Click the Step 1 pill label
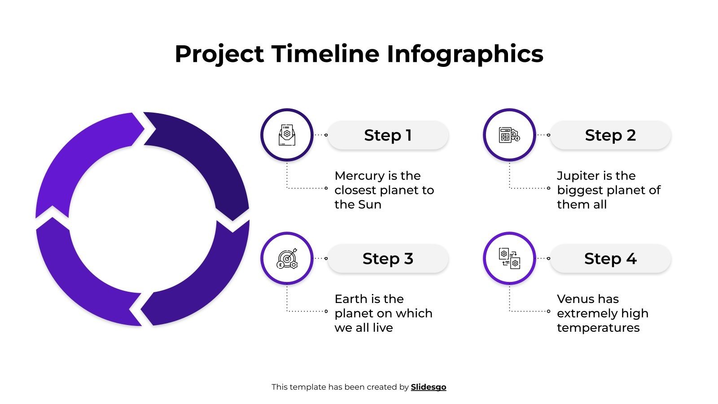pos(388,135)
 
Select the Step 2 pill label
pos(610,135)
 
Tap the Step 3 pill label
pos(388,259)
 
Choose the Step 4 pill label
pos(610,259)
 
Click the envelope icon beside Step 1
pos(287,135)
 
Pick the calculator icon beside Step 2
pos(509,135)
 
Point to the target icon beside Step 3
pos(287,258)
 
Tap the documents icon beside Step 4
pos(509,258)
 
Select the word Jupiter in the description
pos(575,176)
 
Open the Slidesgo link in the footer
pos(428,387)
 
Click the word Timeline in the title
pos(325,54)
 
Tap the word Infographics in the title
pos(465,54)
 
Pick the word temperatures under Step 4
pos(598,328)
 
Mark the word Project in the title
pos(219,54)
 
